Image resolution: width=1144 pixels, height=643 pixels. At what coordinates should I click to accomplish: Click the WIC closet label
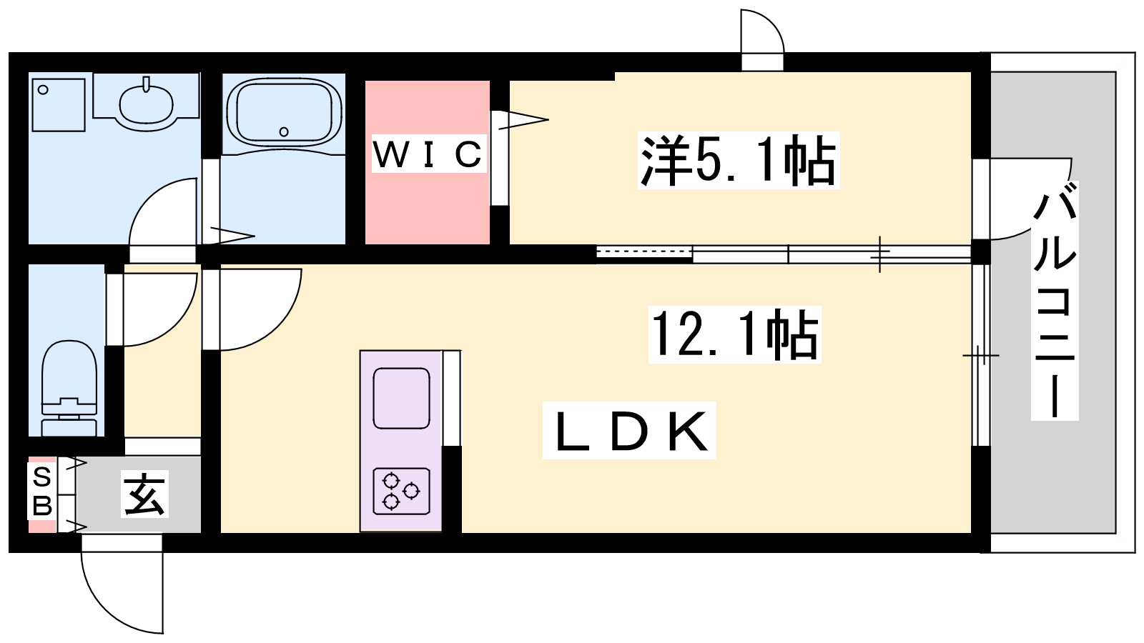point(428,154)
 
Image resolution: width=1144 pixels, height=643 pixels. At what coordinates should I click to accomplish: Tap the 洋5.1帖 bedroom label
point(738,160)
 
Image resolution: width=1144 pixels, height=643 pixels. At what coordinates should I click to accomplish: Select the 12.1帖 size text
point(734,334)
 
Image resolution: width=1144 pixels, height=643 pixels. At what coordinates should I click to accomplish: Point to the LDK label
point(629,429)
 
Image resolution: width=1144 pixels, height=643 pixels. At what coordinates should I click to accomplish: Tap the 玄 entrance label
point(144,494)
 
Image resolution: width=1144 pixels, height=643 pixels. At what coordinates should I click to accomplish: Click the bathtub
point(284,113)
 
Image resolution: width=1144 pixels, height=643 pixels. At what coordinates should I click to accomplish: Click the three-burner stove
point(401,491)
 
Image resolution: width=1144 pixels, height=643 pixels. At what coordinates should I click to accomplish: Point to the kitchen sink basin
point(401,398)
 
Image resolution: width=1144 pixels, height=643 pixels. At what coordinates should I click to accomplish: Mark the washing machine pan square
point(59,104)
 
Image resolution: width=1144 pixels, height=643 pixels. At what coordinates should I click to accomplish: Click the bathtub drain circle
point(285,131)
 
